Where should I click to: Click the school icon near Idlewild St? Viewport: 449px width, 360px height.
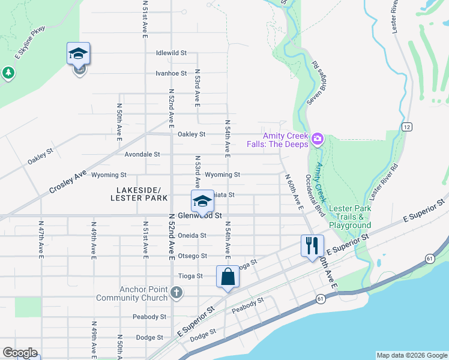pyautogui.click(x=79, y=55)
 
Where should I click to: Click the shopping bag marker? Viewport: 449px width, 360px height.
pyautogui.click(x=228, y=277)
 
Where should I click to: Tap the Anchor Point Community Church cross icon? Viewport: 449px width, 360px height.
pyautogui.click(x=176, y=293)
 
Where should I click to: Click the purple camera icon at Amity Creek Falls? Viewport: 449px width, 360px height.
pyautogui.click(x=317, y=140)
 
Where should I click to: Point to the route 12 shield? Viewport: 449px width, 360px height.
pyautogui.click(x=407, y=127)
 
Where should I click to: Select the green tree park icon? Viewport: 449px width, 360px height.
pyautogui.click(x=8, y=73)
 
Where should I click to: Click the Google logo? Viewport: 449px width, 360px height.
pyautogui.click(x=19, y=353)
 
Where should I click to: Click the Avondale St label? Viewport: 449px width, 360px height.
pyautogui.click(x=142, y=154)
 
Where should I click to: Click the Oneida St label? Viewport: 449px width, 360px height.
pyautogui.click(x=192, y=236)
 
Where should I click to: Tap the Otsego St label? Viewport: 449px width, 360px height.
pyautogui.click(x=192, y=256)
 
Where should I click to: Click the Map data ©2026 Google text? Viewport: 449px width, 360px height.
pyautogui.click(x=411, y=355)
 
